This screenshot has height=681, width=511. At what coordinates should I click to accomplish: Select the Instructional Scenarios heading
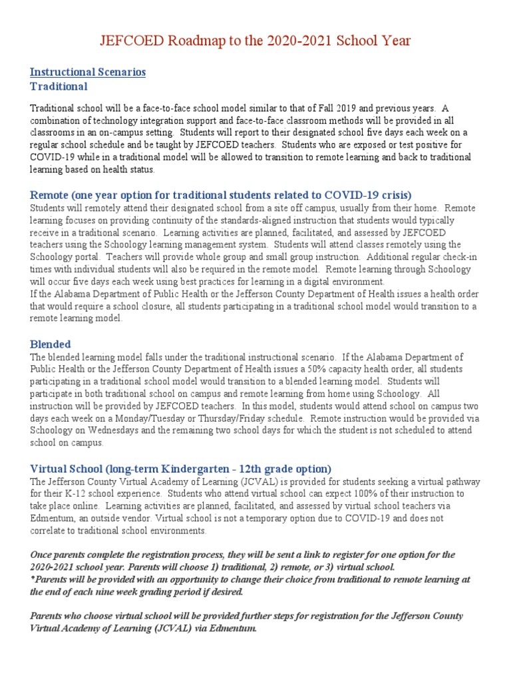pyautogui.click(x=88, y=72)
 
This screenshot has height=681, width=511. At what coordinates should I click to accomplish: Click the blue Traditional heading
pyautogui.click(x=59, y=86)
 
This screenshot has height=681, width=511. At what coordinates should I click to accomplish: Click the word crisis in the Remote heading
pyautogui.click(x=393, y=194)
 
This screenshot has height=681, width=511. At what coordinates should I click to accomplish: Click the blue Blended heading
pyautogui.click(x=51, y=344)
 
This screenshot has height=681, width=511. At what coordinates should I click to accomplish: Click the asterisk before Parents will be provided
pyautogui.click(x=33, y=580)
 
